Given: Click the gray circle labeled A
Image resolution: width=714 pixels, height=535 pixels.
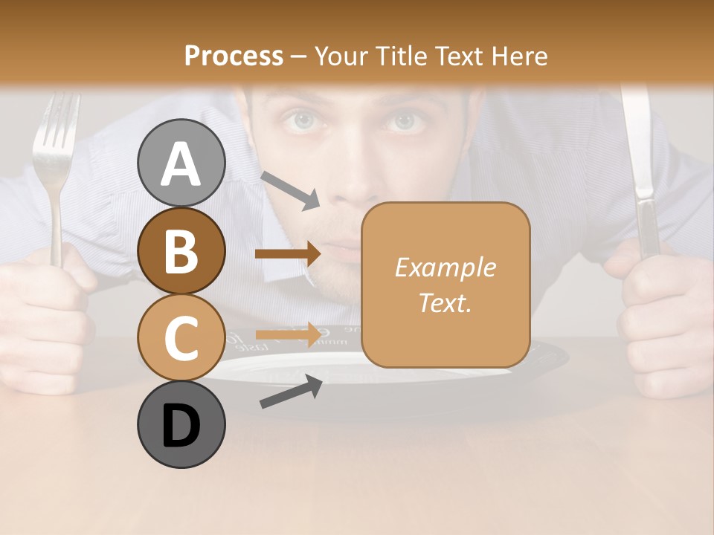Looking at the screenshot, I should [x=181, y=163].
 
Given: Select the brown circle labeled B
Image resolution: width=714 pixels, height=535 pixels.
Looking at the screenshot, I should [x=181, y=251].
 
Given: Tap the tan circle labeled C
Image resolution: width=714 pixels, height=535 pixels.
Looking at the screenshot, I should [x=181, y=337].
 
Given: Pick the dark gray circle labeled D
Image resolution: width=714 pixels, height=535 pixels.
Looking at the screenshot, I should [x=181, y=424].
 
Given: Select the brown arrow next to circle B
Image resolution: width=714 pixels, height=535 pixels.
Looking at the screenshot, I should [x=288, y=253].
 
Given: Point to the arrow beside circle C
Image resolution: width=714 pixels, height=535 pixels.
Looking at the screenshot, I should [x=288, y=335].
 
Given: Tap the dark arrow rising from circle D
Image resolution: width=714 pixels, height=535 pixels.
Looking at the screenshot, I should [x=291, y=392].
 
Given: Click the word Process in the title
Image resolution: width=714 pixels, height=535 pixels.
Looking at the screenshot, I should [x=234, y=56].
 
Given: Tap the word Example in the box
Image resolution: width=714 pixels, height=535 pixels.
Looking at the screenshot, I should [x=445, y=267].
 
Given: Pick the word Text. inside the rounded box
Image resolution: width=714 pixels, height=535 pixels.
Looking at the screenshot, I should [x=445, y=302].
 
